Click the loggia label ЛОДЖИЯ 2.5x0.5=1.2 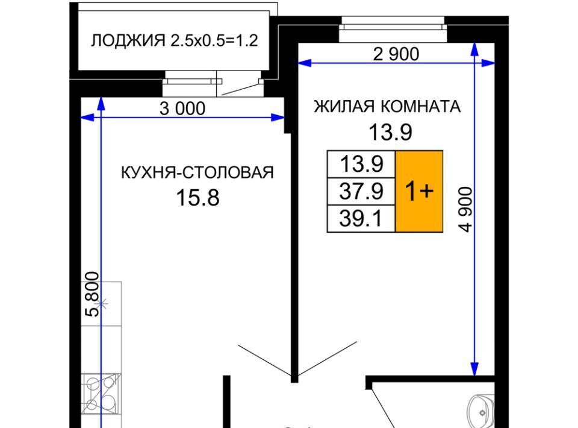pos(175,40)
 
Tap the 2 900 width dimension pos(396,54)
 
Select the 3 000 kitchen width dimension pos(182,109)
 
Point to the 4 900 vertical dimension pos(465,209)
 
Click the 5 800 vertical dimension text pos(92,294)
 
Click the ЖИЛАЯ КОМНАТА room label pos(387,107)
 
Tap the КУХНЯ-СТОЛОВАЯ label pos(197,172)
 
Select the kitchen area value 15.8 pos(198,197)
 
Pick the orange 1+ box pos(419,191)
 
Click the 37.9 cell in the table pos(361,192)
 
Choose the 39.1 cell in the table pos(361,219)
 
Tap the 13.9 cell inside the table pos(361,164)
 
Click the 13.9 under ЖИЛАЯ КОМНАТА pos(390,132)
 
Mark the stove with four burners pos(101,393)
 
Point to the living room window pos(393,29)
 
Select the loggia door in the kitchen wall pos(239,84)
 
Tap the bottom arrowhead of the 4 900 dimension pos(475,368)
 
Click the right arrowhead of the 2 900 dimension pos(488,63)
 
